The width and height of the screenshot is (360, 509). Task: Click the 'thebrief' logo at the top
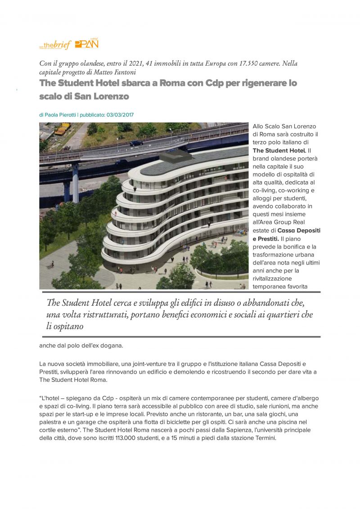pyautogui.click(x=56, y=45)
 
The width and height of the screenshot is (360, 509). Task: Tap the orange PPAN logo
pyautogui.click(x=86, y=44)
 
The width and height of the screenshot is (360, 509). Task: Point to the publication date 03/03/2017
pyautogui.click(x=120, y=115)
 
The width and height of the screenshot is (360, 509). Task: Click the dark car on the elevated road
pyautogui.click(x=136, y=143)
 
